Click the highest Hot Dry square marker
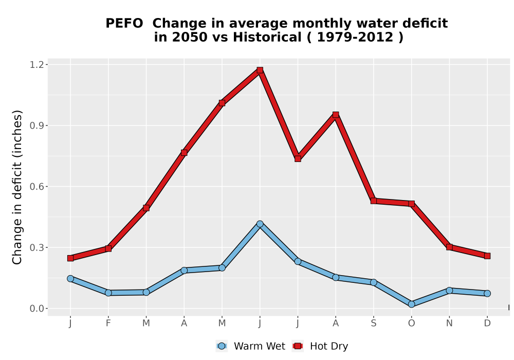(x=260, y=70)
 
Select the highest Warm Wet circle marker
(x=260, y=224)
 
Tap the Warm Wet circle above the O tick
(x=411, y=304)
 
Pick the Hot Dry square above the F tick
(x=108, y=248)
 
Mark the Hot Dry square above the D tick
(x=487, y=256)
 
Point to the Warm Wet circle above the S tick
(x=373, y=282)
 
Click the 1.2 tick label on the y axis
(x=36, y=65)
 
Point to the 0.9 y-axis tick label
(x=36, y=125)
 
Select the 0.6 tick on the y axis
(x=36, y=187)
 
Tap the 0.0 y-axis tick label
(x=36, y=309)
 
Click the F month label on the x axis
(x=108, y=323)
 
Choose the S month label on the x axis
(x=373, y=323)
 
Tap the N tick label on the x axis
(x=449, y=323)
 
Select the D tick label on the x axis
(x=487, y=323)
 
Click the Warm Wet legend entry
(x=250, y=346)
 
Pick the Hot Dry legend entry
(x=320, y=346)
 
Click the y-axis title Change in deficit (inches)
(x=17, y=187)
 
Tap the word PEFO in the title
(x=124, y=23)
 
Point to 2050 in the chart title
(x=190, y=37)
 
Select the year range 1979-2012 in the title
(x=355, y=37)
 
